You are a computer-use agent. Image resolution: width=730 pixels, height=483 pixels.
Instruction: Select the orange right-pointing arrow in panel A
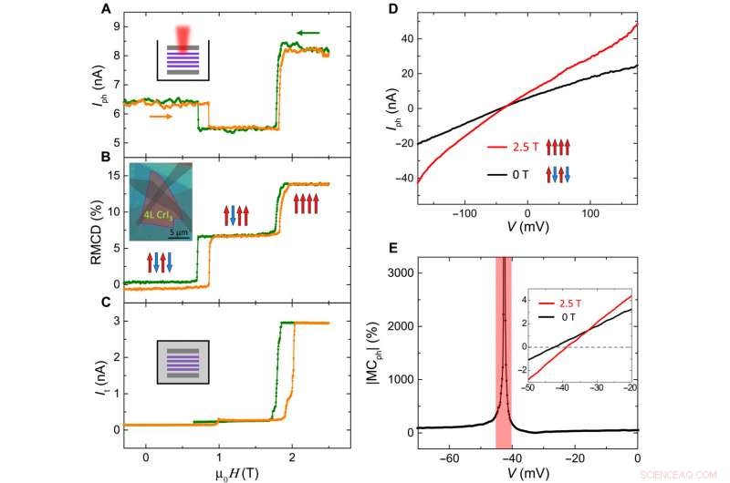pyautogui.click(x=161, y=116)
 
